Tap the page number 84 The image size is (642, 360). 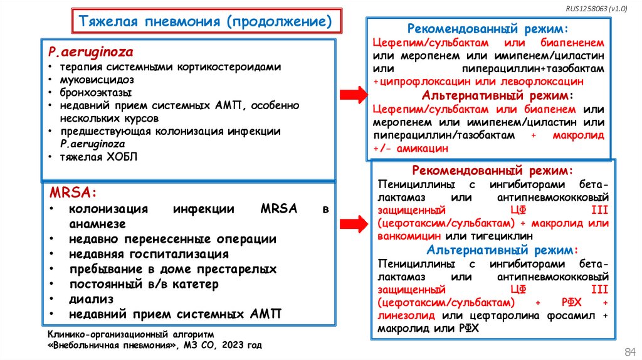pyautogui.click(x=629, y=349)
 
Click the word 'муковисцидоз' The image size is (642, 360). pyautogui.click(x=97, y=80)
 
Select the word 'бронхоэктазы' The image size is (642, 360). pyautogui.click(x=95, y=93)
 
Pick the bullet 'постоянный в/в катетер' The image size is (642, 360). pyautogui.click(x=144, y=284)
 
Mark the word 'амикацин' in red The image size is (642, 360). pyautogui.click(x=423, y=148)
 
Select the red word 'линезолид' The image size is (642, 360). pyautogui.click(x=408, y=315)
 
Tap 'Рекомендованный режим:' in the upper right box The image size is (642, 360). pyautogui.click(x=488, y=29)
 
